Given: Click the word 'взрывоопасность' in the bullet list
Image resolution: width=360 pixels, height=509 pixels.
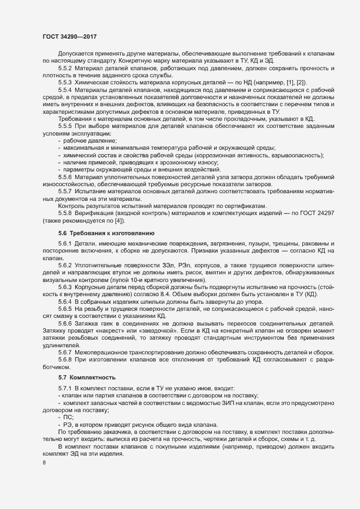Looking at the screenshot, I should click(298, 155).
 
